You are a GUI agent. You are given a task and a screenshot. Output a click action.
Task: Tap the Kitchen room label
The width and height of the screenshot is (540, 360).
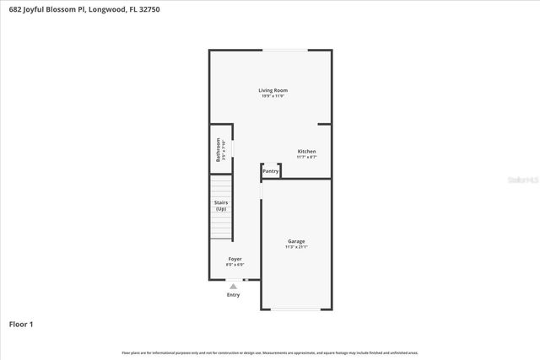(306, 151)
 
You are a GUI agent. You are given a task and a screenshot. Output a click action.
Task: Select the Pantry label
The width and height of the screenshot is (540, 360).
(271, 171)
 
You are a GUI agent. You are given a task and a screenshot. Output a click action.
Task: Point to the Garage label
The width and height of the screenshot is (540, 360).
(295, 241)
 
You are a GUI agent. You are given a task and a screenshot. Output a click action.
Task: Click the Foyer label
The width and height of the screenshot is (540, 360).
(235, 259)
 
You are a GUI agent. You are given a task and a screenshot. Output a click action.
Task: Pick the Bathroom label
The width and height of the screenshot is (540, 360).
(218, 149)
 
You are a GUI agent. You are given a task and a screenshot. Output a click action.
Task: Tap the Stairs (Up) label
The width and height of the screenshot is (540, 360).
(220, 206)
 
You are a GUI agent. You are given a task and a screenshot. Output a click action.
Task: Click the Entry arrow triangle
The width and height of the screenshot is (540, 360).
(234, 287)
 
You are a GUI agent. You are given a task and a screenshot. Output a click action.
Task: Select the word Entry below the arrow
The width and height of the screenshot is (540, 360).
(234, 295)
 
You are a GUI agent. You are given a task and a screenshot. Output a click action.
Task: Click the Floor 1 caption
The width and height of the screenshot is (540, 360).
(22, 323)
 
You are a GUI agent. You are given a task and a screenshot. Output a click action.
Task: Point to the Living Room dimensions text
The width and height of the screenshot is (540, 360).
(273, 96)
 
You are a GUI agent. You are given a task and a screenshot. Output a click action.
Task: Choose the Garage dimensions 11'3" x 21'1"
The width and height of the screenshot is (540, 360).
(295, 247)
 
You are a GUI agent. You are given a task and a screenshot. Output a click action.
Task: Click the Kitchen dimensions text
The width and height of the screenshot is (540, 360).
(306, 157)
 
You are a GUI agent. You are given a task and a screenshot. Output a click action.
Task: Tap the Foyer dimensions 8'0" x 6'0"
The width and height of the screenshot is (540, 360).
(235, 265)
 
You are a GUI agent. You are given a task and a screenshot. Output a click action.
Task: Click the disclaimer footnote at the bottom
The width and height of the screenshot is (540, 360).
(270, 352)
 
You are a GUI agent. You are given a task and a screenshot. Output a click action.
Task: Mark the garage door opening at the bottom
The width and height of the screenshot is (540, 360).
(295, 309)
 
